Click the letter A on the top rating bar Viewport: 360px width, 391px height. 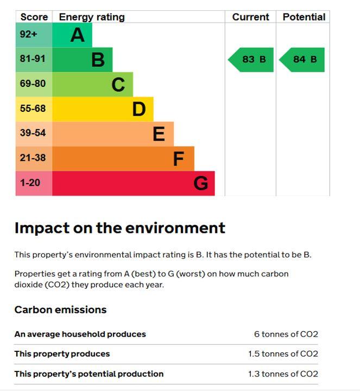[77, 35]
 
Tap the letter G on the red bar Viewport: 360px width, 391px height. [201, 183]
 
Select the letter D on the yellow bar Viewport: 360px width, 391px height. [139, 109]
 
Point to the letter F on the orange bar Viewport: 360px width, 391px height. [179, 159]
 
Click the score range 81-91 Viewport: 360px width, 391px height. [33, 59]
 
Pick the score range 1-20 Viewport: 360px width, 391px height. [30, 183]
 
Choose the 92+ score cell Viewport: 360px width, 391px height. [34, 35]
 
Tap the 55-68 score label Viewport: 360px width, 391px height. [33, 109]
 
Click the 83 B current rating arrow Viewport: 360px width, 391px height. [250, 60]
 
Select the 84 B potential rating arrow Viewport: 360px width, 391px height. [302, 60]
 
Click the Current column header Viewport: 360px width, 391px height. [250, 17]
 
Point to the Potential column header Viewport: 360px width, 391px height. [304, 17]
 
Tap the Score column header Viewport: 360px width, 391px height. [34, 17]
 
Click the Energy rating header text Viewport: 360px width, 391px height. [92, 17]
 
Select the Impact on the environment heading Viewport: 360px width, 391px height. [120, 228]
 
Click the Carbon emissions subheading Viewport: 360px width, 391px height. [61, 310]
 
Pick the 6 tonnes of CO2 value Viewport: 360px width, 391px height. [286, 334]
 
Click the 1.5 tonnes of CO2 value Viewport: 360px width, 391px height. [283, 354]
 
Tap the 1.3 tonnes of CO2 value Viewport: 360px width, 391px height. [283, 374]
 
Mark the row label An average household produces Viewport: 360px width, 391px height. [80, 334]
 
